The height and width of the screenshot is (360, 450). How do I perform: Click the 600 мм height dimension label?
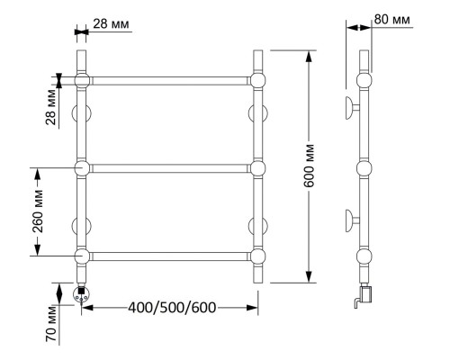click(310, 166)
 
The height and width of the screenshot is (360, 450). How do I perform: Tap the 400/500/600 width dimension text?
click(172, 308)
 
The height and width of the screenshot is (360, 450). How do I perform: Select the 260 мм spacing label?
click(38, 211)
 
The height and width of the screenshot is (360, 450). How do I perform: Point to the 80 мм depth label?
click(392, 20)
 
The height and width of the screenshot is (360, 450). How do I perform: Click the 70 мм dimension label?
click(51, 324)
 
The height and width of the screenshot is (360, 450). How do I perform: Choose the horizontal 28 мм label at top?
click(111, 23)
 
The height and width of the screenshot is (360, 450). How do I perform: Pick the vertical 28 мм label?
click(51, 107)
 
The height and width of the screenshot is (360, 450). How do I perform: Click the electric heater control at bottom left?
click(81, 294)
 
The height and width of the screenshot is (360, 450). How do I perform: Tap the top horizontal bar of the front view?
click(170, 81)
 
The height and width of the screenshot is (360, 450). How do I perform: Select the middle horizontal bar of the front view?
click(170, 168)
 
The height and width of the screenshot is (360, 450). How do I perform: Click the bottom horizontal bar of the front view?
click(170, 256)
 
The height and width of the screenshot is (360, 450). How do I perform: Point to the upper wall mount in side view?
click(352, 108)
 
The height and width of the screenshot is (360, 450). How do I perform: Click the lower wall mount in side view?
click(352, 220)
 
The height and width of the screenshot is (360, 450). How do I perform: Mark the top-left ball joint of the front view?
click(82, 80)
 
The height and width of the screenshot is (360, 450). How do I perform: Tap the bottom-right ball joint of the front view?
click(257, 256)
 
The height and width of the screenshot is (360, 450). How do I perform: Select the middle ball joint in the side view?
click(364, 168)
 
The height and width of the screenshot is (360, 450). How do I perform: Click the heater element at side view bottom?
click(364, 295)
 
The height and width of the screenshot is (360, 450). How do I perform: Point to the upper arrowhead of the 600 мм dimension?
click(309, 57)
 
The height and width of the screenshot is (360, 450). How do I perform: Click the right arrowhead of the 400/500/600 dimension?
click(252, 308)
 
